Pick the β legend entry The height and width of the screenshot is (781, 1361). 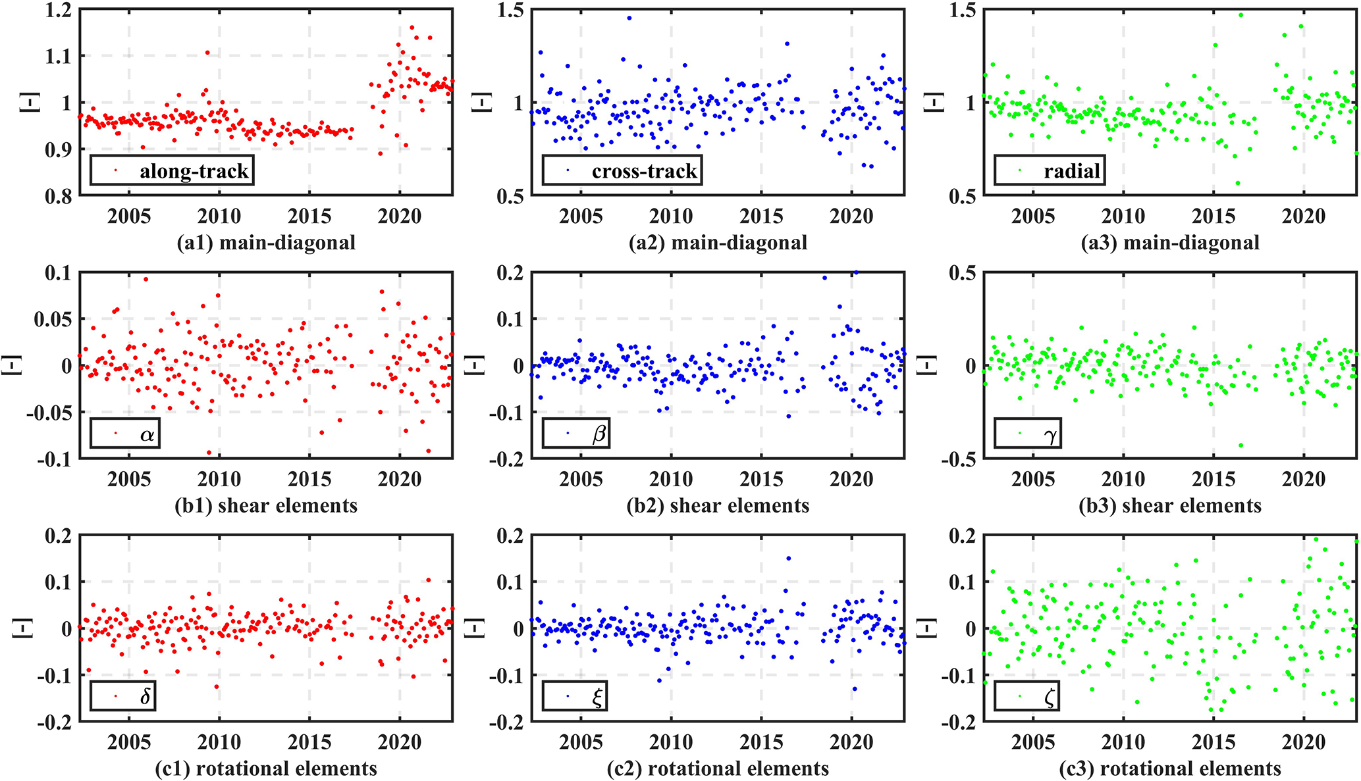pyautogui.click(x=577, y=434)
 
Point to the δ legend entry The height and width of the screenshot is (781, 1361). pyautogui.click(x=123, y=696)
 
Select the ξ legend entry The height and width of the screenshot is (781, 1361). pyautogui.click(x=575, y=696)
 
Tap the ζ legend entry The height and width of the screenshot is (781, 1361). pyautogui.click(x=1027, y=696)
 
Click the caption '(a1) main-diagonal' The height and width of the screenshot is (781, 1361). pyautogui.click(x=266, y=243)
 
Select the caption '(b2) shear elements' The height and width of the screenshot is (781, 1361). pyautogui.click(x=718, y=505)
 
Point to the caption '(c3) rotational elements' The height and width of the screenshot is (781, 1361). pyautogui.click(x=1170, y=768)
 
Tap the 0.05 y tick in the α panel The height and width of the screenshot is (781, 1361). pyautogui.click(x=52, y=319)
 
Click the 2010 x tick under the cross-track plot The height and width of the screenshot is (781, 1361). pyautogui.click(x=671, y=216)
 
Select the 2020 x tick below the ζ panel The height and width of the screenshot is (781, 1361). pyautogui.click(x=1303, y=742)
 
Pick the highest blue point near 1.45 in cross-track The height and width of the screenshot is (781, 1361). pyautogui.click(x=629, y=18)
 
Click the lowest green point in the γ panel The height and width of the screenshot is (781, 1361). pyautogui.click(x=1241, y=445)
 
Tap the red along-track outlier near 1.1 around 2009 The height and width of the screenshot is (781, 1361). pyautogui.click(x=207, y=53)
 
